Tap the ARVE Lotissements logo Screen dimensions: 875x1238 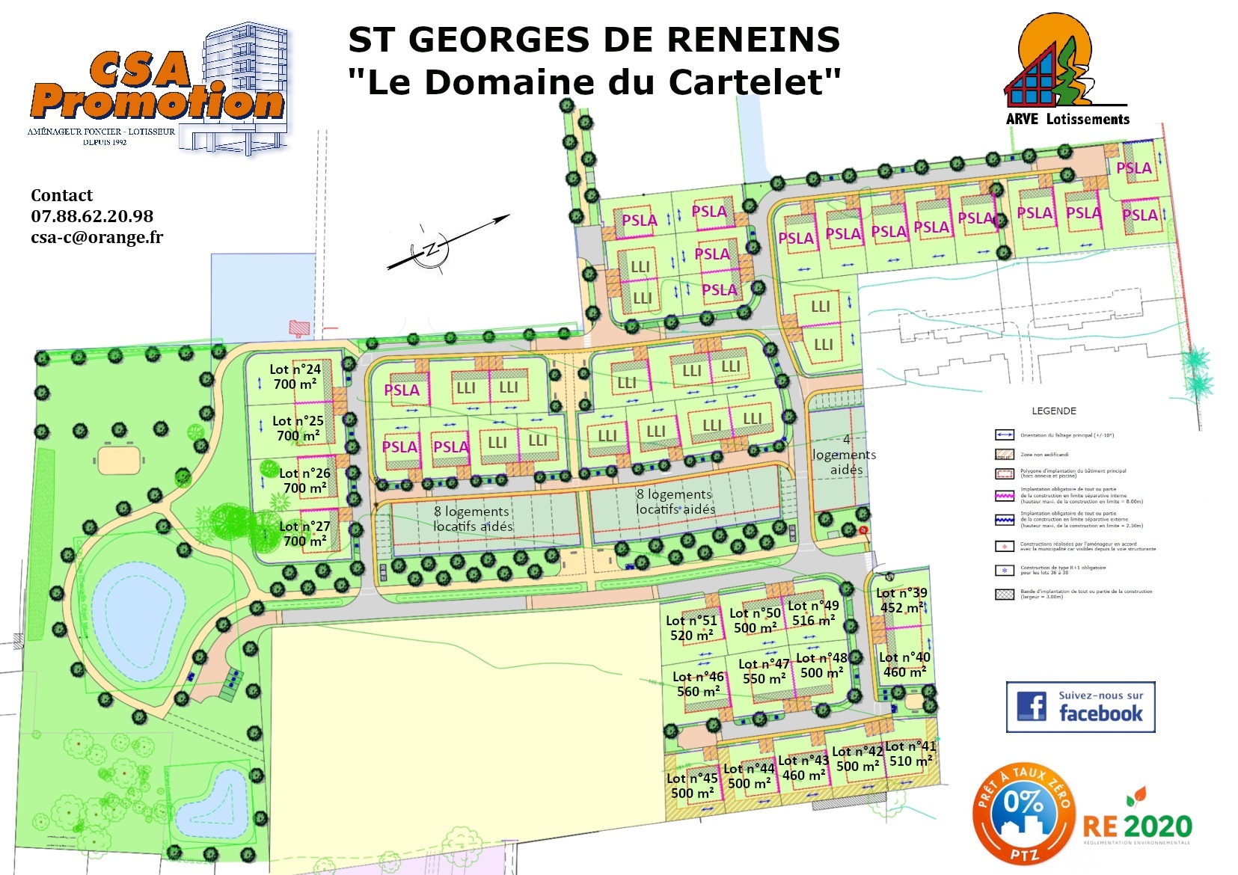click(1066, 71)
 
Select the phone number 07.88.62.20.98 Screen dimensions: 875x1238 click(92, 216)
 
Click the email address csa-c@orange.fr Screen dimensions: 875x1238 click(96, 237)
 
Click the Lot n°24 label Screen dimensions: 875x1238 click(295, 369)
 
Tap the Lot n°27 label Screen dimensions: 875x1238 click(304, 526)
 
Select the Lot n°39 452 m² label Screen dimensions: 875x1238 click(901, 600)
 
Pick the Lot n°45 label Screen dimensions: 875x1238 click(692, 779)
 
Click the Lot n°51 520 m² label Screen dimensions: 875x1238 click(691, 627)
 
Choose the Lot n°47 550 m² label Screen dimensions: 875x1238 click(764, 671)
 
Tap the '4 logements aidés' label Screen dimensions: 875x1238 click(845, 455)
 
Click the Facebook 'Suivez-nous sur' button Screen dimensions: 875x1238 click(1080, 706)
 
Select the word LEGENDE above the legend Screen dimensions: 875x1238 click(1054, 411)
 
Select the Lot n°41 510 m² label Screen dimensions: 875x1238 click(910, 754)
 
